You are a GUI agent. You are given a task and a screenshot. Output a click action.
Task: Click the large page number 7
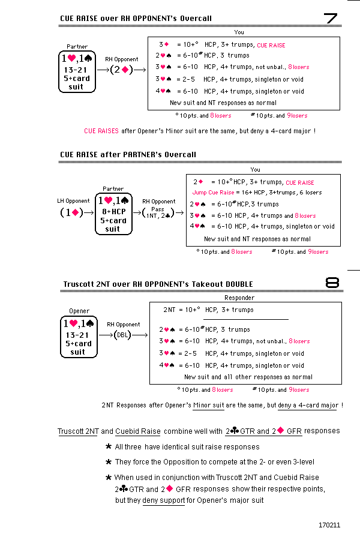click(332, 19)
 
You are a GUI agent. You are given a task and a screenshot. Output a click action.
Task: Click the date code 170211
click(329, 525)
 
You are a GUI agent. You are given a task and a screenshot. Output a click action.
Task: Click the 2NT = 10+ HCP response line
click(208, 310)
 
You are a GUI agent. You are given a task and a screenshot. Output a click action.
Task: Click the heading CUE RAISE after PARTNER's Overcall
click(128, 154)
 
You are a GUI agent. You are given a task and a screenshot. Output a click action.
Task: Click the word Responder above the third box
click(239, 298)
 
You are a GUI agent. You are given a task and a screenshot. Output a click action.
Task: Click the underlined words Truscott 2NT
click(78, 431)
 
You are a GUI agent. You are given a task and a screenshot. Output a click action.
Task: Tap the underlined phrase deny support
click(163, 500)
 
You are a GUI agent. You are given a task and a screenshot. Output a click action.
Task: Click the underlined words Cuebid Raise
click(138, 431)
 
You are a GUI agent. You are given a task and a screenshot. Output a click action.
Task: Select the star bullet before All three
click(108, 446)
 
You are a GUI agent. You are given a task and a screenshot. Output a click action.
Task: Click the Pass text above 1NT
click(158, 209)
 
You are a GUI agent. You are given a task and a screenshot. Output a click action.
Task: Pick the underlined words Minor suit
click(209, 405)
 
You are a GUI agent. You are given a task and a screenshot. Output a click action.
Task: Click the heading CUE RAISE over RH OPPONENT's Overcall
click(136, 19)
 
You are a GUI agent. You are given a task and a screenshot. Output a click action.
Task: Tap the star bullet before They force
click(108, 462)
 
